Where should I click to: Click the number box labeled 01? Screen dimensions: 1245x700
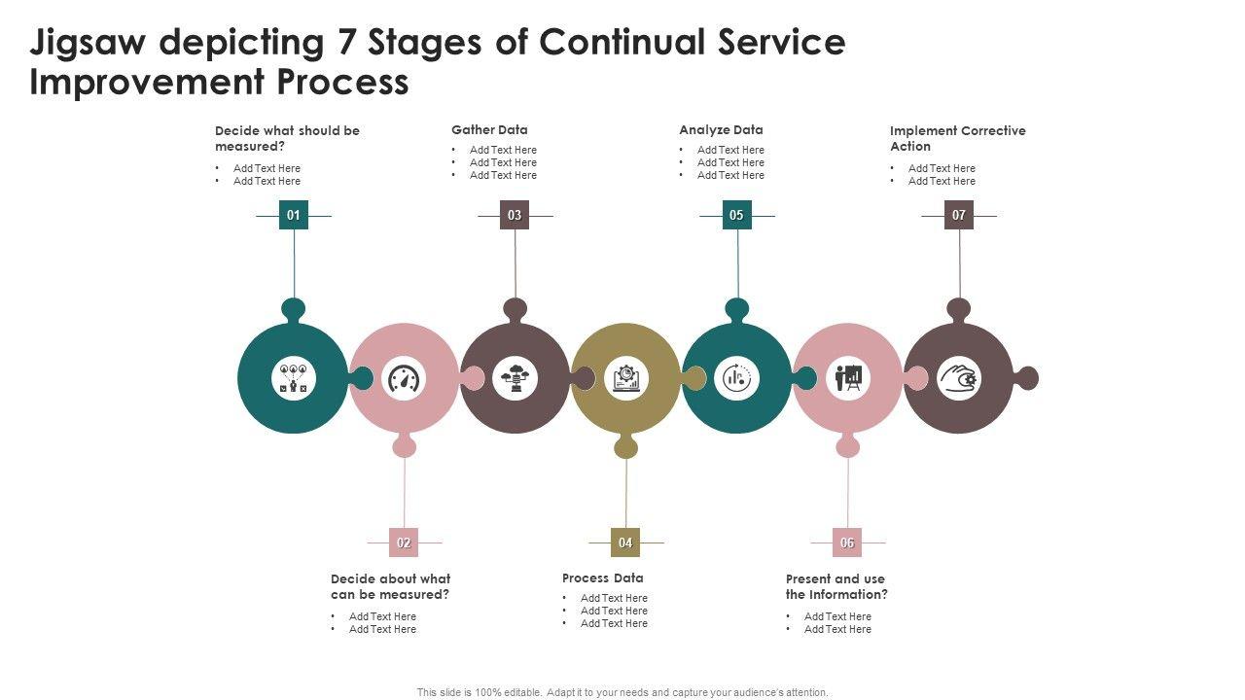click(x=294, y=215)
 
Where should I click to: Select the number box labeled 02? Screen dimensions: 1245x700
click(x=404, y=542)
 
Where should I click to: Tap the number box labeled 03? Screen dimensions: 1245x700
click(x=515, y=215)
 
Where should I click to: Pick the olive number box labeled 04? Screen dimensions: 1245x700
click(x=625, y=542)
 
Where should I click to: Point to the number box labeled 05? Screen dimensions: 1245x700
click(x=736, y=215)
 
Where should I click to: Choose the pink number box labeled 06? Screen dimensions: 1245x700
click(x=847, y=542)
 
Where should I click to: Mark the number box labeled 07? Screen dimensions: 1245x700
click(x=959, y=215)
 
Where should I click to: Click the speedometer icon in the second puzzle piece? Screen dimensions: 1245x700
click(x=404, y=379)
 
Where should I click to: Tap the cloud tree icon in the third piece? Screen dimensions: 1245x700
click(x=515, y=378)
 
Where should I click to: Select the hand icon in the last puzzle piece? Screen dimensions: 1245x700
click(x=959, y=378)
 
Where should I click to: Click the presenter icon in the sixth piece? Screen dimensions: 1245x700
click(x=847, y=378)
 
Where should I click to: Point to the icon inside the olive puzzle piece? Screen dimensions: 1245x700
click(x=625, y=378)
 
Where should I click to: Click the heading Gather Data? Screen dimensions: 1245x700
click(x=489, y=129)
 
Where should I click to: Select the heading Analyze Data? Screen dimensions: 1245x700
click(x=721, y=129)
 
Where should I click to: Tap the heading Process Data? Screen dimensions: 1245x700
click(x=602, y=577)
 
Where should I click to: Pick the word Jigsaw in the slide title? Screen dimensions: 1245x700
click(x=88, y=43)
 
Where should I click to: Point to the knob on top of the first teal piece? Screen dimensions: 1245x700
click(x=293, y=309)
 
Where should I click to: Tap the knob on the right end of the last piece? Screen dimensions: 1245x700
click(x=1027, y=378)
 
